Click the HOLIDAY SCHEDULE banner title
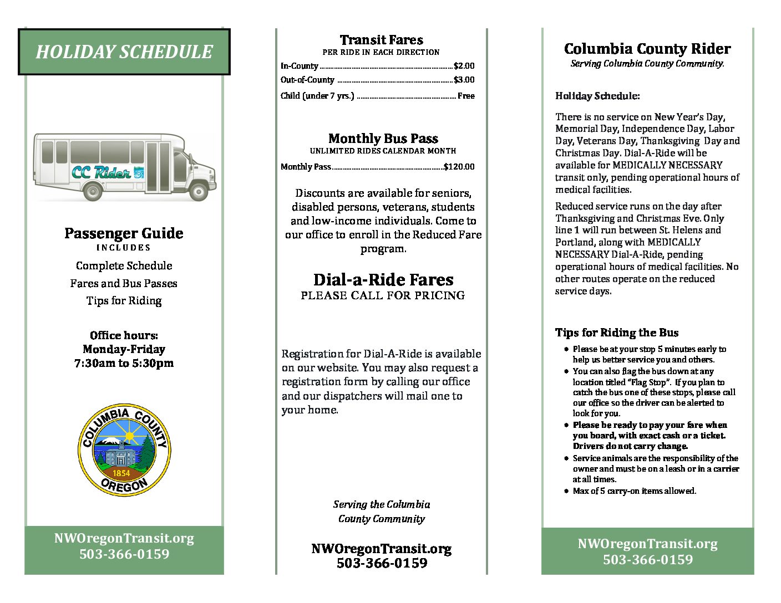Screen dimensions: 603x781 (124, 52)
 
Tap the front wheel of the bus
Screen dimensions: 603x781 (198, 191)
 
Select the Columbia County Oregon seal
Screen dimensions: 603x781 (124, 449)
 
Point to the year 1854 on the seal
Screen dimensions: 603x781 (121, 473)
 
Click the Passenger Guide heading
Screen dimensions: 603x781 (124, 233)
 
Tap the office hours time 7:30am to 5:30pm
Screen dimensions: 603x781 (124, 364)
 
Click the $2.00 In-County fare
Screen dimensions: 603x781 (464, 66)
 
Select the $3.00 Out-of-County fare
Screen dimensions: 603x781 (464, 80)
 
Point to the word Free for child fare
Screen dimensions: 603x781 (466, 96)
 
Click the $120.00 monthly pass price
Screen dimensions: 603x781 (459, 167)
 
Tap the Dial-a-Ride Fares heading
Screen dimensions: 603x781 (383, 280)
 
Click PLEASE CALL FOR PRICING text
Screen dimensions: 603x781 (383, 295)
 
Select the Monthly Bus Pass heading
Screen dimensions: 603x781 (383, 139)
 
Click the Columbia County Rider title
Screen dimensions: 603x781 (647, 49)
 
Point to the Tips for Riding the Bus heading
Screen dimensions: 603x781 (617, 333)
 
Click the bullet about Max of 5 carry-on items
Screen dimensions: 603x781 (634, 491)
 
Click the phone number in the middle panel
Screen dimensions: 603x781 (382, 563)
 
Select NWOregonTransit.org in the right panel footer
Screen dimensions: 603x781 (647, 544)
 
